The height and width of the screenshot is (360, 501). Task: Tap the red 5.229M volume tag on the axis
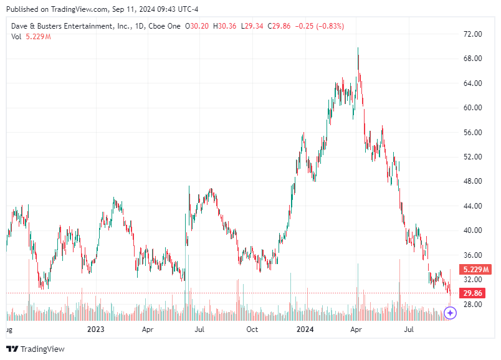tap(475, 270)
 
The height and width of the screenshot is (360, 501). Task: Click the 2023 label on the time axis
tap(95, 329)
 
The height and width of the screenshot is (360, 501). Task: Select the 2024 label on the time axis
tap(305, 329)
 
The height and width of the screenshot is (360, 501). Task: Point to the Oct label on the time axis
tap(252, 329)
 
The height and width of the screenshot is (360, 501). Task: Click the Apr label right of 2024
tap(356, 329)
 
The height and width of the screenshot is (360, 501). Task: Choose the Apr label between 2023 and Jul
tap(148, 329)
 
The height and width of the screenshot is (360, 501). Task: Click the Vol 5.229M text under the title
tap(31, 37)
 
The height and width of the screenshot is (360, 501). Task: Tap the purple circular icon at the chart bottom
tap(451, 313)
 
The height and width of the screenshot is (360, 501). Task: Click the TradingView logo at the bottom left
tap(36, 349)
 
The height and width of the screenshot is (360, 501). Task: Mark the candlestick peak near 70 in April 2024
tap(358, 48)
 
